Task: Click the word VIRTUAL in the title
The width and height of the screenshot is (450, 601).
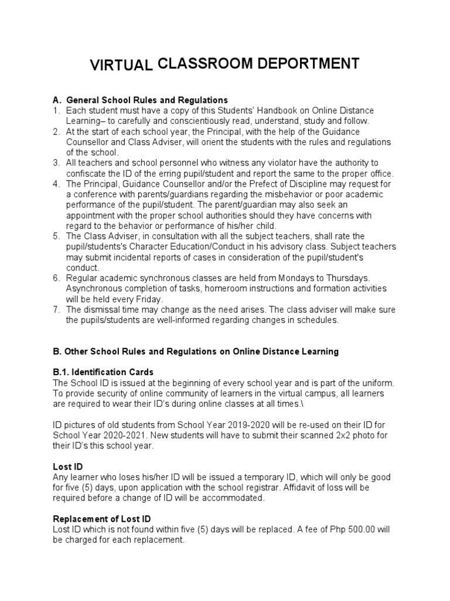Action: click(x=121, y=66)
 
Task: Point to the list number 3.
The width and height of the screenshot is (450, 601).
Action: click(x=56, y=163)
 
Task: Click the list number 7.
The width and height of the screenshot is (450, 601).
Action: click(x=56, y=310)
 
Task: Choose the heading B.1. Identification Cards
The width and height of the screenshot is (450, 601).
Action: click(x=103, y=372)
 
